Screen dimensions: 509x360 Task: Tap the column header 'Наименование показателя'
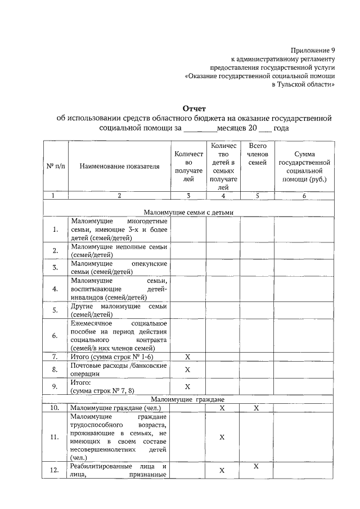119,166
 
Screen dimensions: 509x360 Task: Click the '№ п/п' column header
56,166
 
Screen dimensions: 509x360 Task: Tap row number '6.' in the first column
55,336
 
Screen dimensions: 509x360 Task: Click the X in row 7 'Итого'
188,357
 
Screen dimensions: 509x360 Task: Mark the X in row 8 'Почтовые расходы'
188,370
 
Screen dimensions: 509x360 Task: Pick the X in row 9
188,387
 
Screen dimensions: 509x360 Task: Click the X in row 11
222,437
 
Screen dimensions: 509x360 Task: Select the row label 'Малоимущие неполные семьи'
119,250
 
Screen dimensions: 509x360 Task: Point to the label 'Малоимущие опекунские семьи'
119,267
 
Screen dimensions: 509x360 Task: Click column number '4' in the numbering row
223,196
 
